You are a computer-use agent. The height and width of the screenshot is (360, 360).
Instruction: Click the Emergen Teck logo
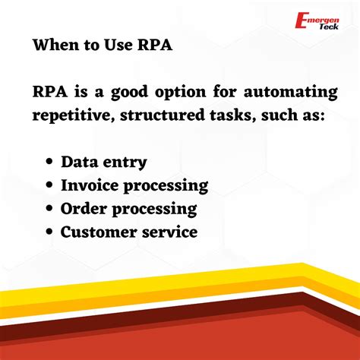point(318,21)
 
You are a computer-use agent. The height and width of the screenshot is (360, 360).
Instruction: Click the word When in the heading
point(55,46)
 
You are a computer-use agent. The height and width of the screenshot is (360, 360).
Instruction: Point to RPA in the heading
point(154,46)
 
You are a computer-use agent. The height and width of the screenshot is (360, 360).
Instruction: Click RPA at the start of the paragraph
point(51,93)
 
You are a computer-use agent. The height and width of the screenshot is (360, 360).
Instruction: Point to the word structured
point(162,115)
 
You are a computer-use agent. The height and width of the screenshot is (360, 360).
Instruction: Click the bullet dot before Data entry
point(49,163)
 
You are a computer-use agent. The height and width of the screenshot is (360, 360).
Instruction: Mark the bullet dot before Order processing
point(49,209)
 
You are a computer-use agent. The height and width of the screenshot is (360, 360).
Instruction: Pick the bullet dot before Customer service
point(49,232)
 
